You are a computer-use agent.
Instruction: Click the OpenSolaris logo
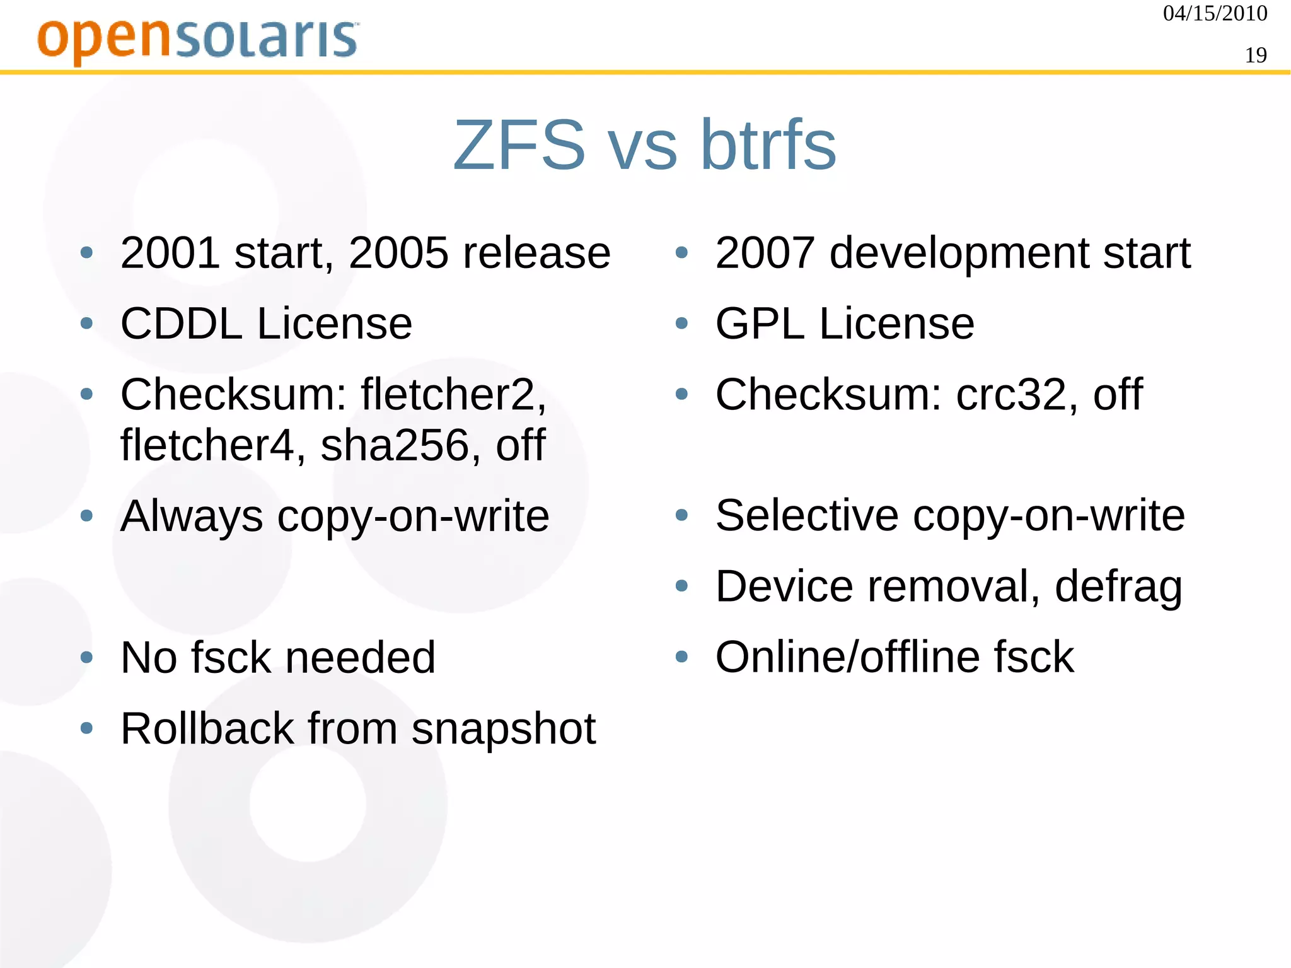198,40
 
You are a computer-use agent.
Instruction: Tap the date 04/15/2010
1215,13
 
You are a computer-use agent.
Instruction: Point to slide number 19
1256,55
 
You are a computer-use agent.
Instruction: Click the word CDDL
182,324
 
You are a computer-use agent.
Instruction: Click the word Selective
807,516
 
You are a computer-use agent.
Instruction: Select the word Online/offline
847,657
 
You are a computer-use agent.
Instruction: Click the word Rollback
207,729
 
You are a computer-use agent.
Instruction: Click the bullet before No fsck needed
87,658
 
